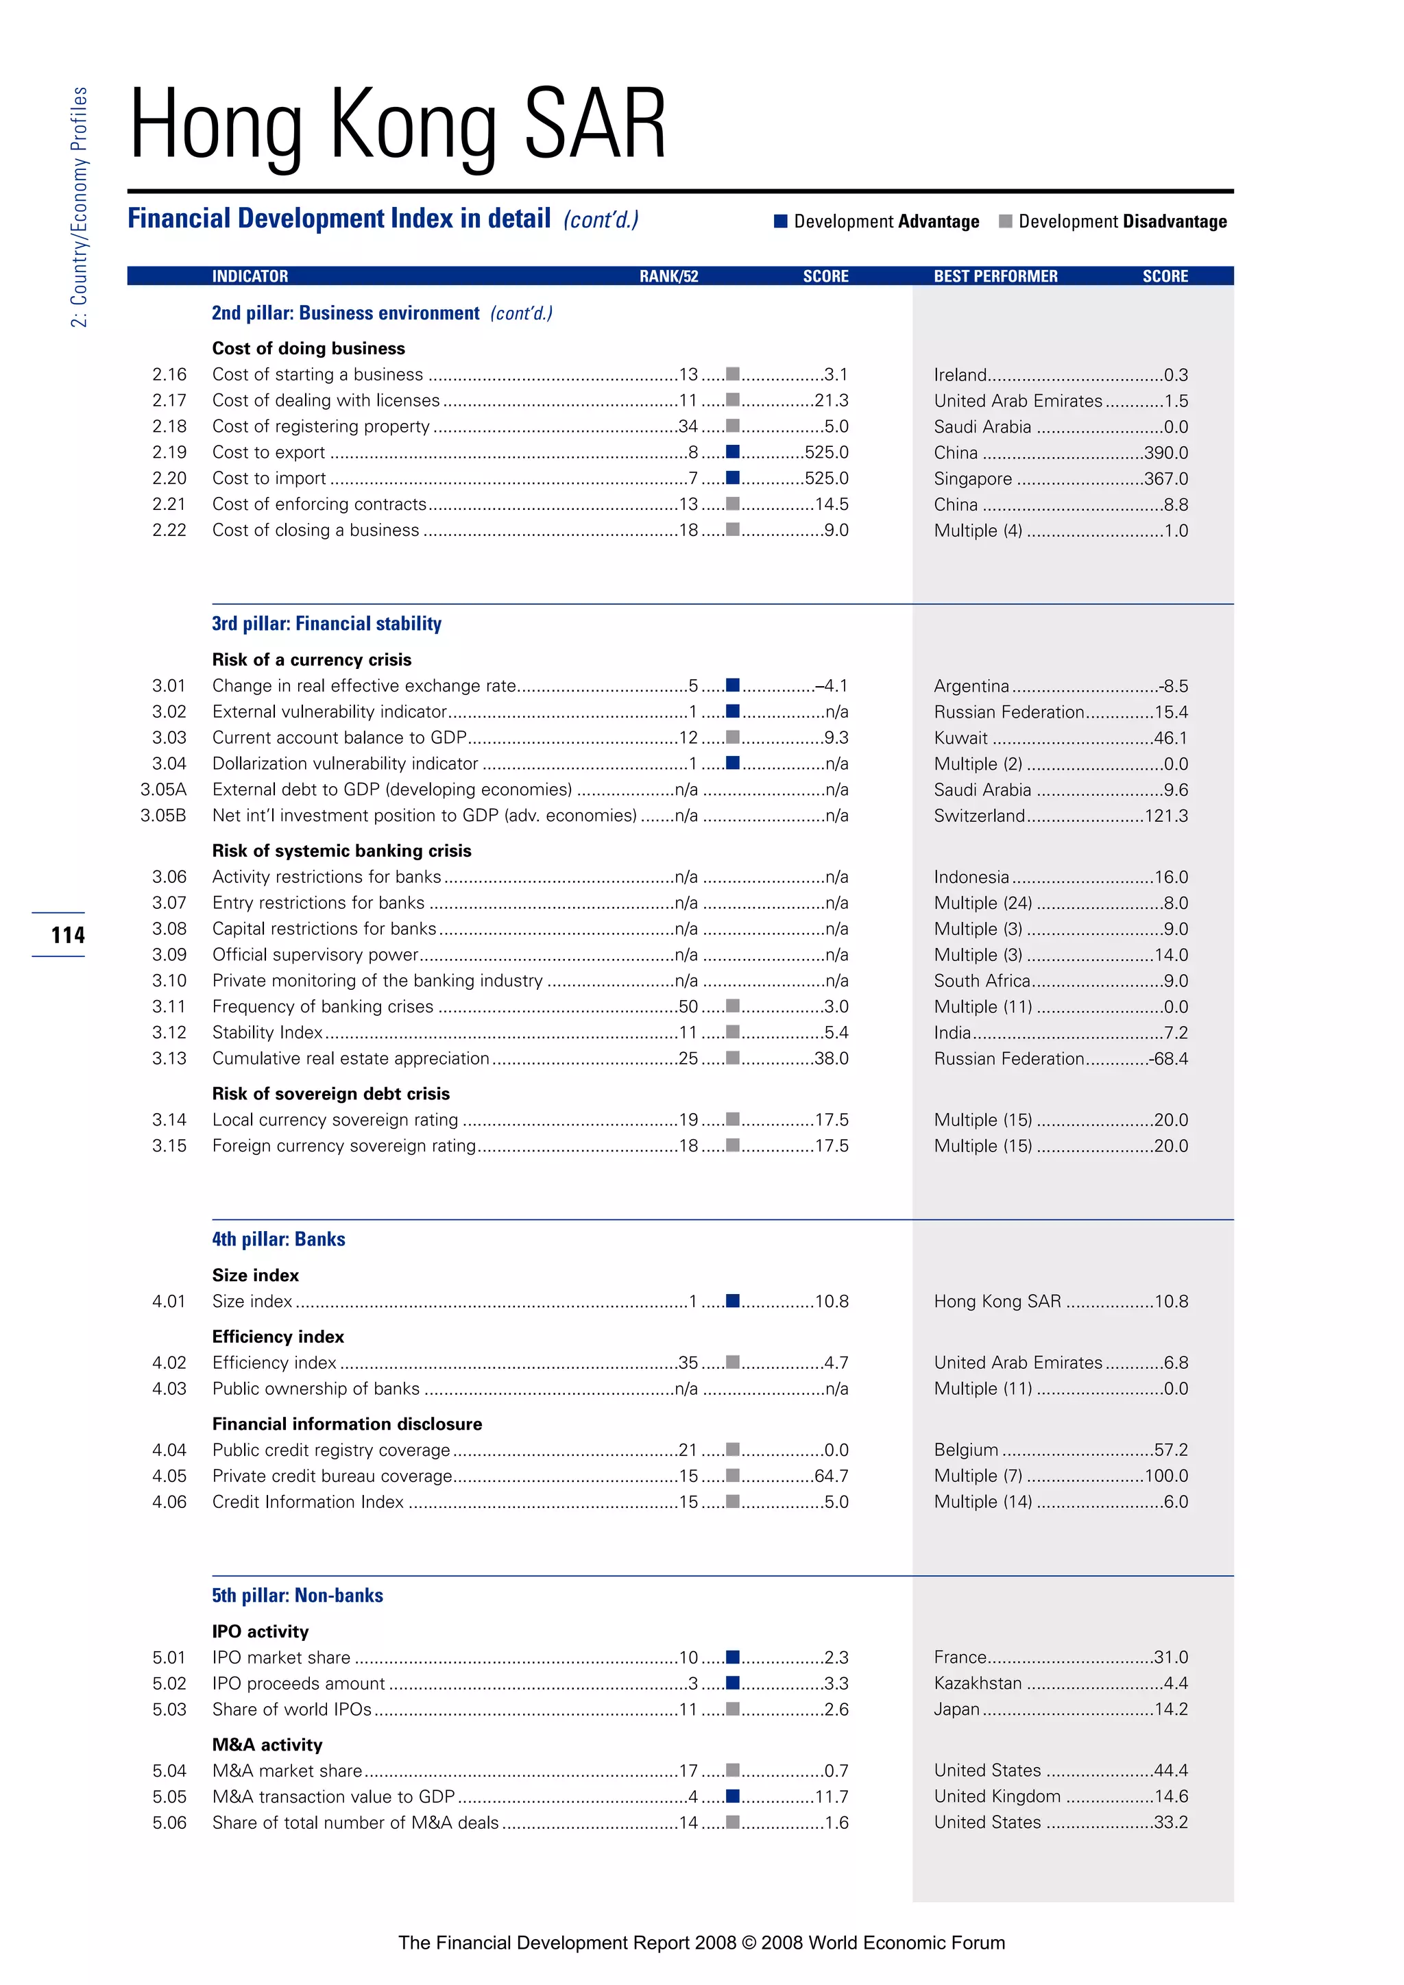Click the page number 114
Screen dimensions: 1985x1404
(x=67, y=934)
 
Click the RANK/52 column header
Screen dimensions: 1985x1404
(x=668, y=276)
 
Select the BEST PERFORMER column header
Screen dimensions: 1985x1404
(x=995, y=276)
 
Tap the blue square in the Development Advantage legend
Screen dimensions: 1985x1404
(x=779, y=221)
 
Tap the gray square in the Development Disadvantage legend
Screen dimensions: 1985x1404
(x=1004, y=221)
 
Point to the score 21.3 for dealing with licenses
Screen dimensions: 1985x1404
(x=831, y=400)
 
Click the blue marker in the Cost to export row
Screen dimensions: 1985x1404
(x=732, y=451)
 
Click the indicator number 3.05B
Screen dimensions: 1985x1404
(x=163, y=815)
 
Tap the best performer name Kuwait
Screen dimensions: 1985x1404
(x=960, y=738)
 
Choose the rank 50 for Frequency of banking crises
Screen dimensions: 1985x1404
(x=688, y=1006)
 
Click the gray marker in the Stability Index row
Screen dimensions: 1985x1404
(x=732, y=1032)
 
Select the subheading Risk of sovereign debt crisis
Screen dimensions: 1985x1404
(x=331, y=1094)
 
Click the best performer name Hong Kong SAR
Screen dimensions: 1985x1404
(x=997, y=1301)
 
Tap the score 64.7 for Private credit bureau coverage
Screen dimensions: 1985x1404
(x=831, y=1476)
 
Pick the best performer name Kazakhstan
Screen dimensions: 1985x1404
(x=978, y=1683)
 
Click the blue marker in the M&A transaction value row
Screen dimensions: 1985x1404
(x=732, y=1796)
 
